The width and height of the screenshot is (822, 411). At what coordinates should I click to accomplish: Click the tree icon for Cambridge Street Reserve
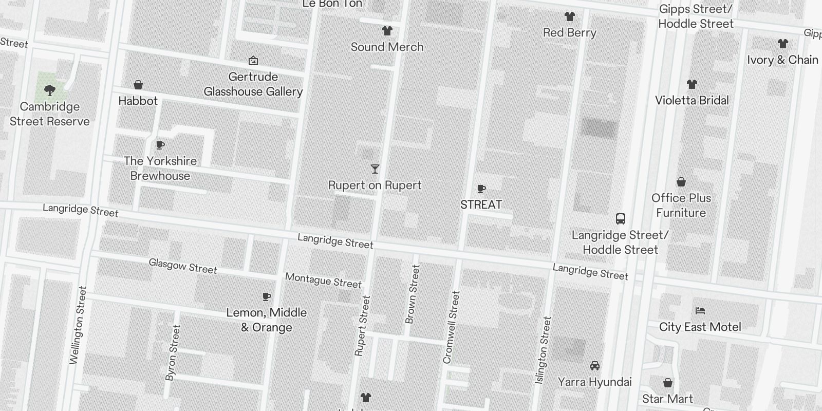tap(50, 91)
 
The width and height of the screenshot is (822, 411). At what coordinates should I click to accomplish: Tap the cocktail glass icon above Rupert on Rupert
tap(375, 169)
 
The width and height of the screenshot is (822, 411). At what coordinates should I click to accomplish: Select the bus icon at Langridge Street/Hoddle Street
tap(621, 219)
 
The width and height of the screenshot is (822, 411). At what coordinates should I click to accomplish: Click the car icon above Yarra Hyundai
tap(595, 366)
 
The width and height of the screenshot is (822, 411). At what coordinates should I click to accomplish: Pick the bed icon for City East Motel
tap(700, 311)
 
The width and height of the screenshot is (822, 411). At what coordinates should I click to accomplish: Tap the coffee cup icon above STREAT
tap(481, 189)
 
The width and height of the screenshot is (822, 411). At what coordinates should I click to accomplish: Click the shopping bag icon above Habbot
tap(138, 85)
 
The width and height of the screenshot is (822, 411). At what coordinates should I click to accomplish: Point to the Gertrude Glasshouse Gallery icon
tap(253, 61)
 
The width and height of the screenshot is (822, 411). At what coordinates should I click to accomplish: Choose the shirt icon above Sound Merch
tap(387, 31)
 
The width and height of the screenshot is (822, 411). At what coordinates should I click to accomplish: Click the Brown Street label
tap(413, 294)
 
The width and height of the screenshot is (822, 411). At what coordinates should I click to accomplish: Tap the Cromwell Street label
tap(451, 327)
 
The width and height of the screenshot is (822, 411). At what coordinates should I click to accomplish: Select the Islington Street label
tap(543, 350)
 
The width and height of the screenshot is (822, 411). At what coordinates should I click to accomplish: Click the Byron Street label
tap(173, 352)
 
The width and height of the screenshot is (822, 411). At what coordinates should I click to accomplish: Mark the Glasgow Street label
tap(183, 266)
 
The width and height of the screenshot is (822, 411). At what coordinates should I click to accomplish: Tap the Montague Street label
tap(323, 281)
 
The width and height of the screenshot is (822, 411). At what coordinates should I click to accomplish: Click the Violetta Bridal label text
tap(692, 100)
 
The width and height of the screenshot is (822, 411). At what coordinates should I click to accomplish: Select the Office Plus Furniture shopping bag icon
tap(681, 182)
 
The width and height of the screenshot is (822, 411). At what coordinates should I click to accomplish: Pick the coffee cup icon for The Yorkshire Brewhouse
tap(160, 145)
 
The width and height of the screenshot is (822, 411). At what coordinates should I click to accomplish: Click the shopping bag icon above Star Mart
tap(667, 383)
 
